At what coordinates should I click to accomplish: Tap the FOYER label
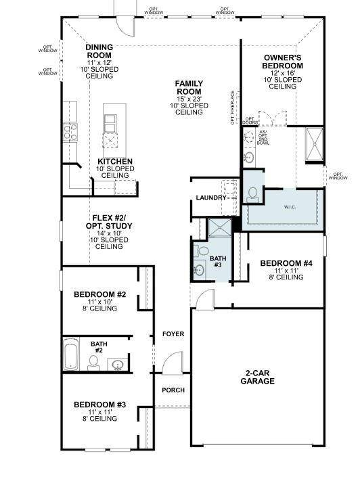coord(173,334)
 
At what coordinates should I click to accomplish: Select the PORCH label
coord(173,390)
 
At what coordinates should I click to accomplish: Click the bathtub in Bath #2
coord(73,354)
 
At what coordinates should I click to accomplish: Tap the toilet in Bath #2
coord(93,363)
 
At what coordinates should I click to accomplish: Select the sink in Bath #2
coord(118,366)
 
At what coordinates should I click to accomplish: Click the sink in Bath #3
coord(199,270)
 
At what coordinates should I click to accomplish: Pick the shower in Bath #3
coord(219,229)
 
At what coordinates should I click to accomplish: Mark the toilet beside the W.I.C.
coord(253,193)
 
